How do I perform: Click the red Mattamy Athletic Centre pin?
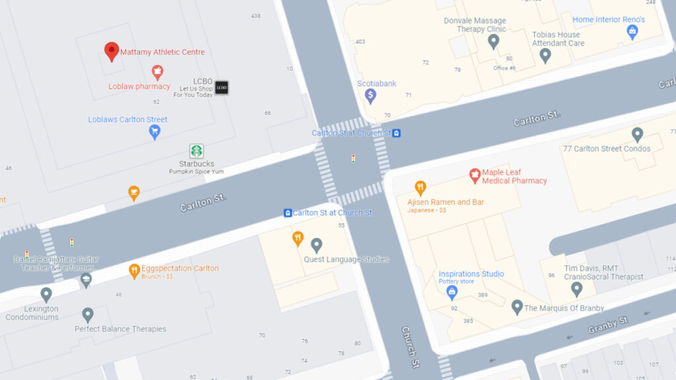pyautogui.click(x=112, y=51)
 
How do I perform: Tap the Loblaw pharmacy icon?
pyautogui.click(x=157, y=72)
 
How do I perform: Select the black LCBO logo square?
pyautogui.click(x=221, y=87)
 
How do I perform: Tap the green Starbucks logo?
pyautogui.click(x=196, y=151)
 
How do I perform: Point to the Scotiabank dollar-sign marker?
pyautogui.click(x=370, y=96)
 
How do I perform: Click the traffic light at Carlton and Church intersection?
pyautogui.click(x=353, y=158)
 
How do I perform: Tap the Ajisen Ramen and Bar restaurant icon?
pyautogui.click(x=420, y=188)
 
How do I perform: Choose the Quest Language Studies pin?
pyautogui.click(x=316, y=245)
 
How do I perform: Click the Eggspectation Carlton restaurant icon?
pyautogui.click(x=134, y=269)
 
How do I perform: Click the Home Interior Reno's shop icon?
pyautogui.click(x=632, y=32)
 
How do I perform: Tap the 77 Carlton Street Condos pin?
pyautogui.click(x=637, y=135)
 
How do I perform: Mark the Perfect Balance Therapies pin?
pyautogui.click(x=87, y=315)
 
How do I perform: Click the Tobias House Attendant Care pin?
pyautogui.click(x=545, y=55)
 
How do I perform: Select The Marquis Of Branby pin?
pyautogui.click(x=517, y=307)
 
